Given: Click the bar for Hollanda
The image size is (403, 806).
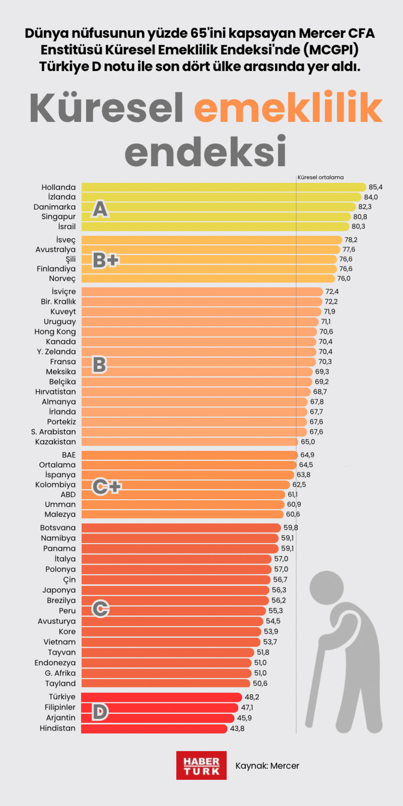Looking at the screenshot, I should point(223,187).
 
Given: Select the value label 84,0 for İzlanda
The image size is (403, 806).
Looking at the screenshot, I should point(371,197).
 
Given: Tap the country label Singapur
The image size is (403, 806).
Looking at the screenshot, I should point(58,217).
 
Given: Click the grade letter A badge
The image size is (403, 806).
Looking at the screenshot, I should point(100,209).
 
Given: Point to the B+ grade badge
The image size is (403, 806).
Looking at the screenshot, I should point(105,260).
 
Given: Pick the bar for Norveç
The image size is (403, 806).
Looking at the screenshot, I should point(208,279).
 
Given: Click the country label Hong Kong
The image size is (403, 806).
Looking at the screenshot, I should point(55,332).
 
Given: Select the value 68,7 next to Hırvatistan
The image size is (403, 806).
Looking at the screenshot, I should point(320,391).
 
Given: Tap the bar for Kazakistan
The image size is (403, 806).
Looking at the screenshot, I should point(189,442).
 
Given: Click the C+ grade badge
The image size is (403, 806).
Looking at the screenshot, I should point(107,487).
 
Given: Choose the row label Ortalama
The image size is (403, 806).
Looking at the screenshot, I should point(57,465).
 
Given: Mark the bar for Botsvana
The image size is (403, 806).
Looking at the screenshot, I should point(181,528).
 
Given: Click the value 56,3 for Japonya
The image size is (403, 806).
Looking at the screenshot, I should point(279,590).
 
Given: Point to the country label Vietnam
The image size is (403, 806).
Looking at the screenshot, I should point(59,642).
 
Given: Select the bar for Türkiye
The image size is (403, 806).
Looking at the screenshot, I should point(161,697).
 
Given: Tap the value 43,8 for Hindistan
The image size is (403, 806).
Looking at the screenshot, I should point(237,729).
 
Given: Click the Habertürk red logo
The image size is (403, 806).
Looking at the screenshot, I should point(201,765).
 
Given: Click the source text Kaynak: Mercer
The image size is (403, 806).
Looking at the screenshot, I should point(267,766).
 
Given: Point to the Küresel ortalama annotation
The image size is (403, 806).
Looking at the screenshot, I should point(320,177).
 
